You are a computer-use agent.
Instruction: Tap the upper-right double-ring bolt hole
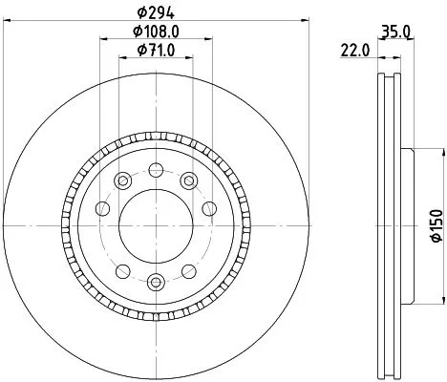click(x=188, y=180)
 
